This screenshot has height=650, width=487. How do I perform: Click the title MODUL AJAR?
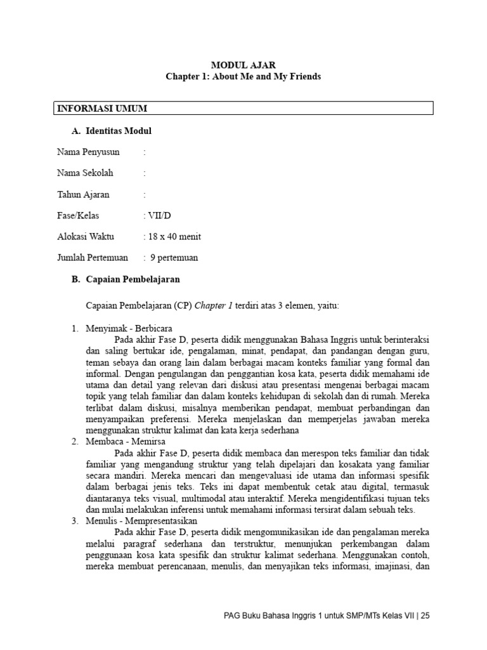coord(243,65)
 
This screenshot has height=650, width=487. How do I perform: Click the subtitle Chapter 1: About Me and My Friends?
coord(243,77)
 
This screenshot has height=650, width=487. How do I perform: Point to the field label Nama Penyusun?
coord(88,152)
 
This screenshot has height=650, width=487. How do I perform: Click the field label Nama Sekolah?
coord(86,173)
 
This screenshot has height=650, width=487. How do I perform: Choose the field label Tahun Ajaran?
coord(83,194)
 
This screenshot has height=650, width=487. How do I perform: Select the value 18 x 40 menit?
coord(175,237)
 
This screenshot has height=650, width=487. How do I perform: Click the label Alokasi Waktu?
coord(86,237)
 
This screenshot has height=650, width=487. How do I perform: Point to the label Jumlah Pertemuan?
coord(93,258)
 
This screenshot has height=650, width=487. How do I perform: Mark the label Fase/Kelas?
coord(78,216)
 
